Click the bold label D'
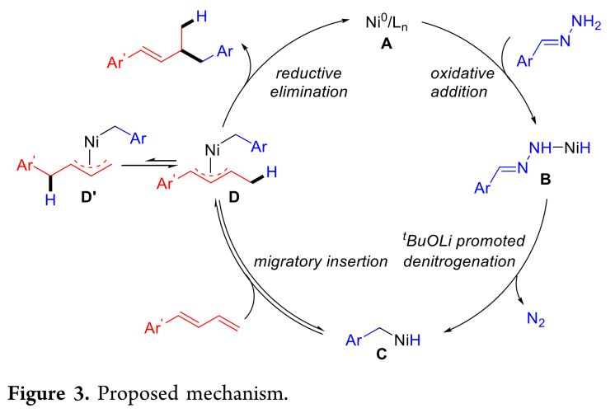[86, 202]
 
